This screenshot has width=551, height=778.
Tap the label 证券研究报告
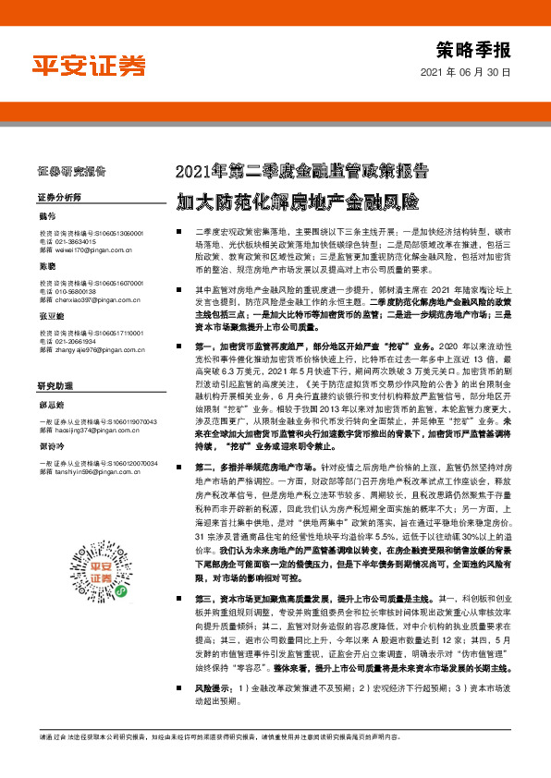point(73,171)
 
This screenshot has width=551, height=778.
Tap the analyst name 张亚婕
point(52,317)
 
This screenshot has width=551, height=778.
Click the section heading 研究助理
point(55,384)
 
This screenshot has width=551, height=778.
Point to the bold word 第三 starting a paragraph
point(204,626)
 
